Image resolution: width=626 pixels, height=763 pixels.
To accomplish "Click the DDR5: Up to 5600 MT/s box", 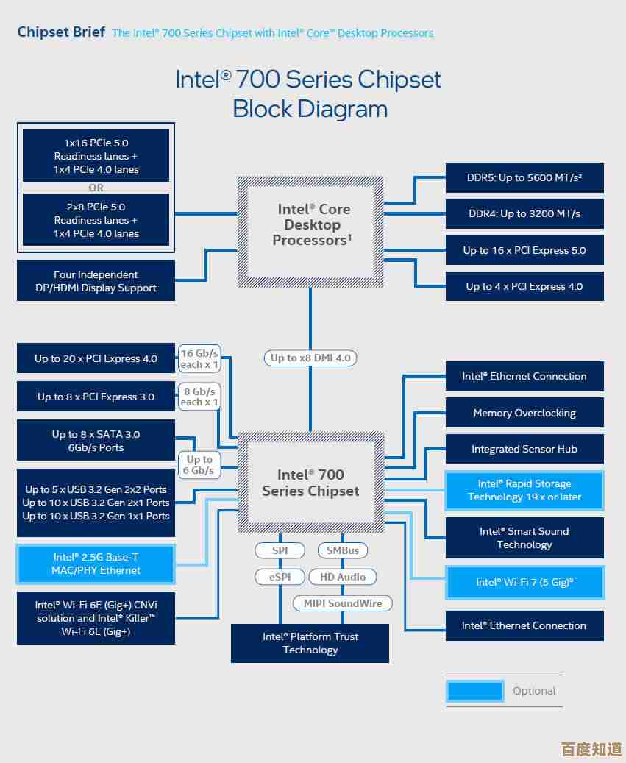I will point(524,177).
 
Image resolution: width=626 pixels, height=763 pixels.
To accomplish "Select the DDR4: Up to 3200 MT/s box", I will point(524,213).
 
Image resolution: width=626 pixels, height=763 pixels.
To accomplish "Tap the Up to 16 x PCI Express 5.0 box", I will point(524,250).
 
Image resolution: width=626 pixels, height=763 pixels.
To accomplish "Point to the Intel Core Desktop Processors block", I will point(310,224).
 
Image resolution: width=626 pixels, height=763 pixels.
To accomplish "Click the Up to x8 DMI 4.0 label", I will point(310,358).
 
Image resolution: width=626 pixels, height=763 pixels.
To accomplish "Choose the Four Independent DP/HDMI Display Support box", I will point(96,281).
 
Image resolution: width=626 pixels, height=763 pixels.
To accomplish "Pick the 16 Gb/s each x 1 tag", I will point(199,358).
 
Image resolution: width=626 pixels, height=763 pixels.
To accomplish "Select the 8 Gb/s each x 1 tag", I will point(199,397).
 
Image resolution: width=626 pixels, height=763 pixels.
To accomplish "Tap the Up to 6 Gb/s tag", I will point(199,464).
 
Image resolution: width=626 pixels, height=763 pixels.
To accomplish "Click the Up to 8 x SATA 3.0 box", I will point(96,441).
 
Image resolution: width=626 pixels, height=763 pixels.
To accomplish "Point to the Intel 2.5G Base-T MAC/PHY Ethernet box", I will point(96,564).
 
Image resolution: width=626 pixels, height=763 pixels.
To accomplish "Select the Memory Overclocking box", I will point(524,413).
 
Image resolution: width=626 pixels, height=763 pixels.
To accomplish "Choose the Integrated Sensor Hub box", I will point(524,449).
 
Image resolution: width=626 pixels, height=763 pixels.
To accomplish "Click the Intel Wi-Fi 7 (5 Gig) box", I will point(524,582).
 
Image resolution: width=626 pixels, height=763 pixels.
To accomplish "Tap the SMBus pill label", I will point(343,550).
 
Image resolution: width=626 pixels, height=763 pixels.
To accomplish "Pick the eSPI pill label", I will point(280,577).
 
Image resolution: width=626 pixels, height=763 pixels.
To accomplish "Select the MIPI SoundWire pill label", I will point(343,603).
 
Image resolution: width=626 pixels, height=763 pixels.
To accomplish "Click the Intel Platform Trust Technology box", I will point(310,643).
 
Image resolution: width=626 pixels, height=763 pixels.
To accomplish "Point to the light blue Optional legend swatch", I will point(475,691).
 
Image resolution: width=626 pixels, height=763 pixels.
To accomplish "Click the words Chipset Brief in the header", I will point(61,32).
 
